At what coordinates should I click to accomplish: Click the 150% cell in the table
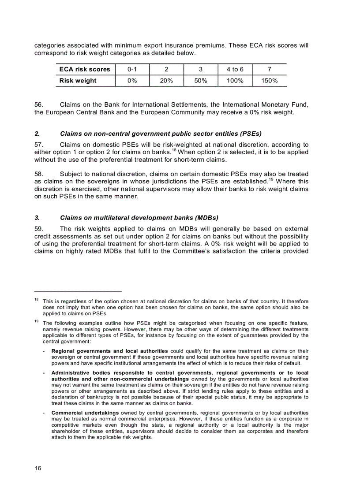pyautogui.click(x=269, y=81)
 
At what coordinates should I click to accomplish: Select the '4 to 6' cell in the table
pyautogui.click(x=235, y=70)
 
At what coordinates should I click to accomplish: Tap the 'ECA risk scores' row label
pyautogui.click(x=85, y=70)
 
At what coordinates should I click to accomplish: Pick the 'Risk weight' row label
pyautogui.click(x=78, y=81)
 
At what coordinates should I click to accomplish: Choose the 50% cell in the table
pyautogui.click(x=201, y=81)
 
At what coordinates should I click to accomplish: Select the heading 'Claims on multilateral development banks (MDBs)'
pyautogui.click(x=139, y=218)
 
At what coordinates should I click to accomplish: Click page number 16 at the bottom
pyautogui.click(x=38, y=469)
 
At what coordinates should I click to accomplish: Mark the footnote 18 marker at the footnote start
pyautogui.click(x=37, y=300)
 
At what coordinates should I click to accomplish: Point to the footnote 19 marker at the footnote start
pyautogui.click(x=37, y=321)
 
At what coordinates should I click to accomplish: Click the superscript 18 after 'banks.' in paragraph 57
pyautogui.click(x=174, y=150)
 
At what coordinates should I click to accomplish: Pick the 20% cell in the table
pyautogui.click(x=166, y=81)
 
